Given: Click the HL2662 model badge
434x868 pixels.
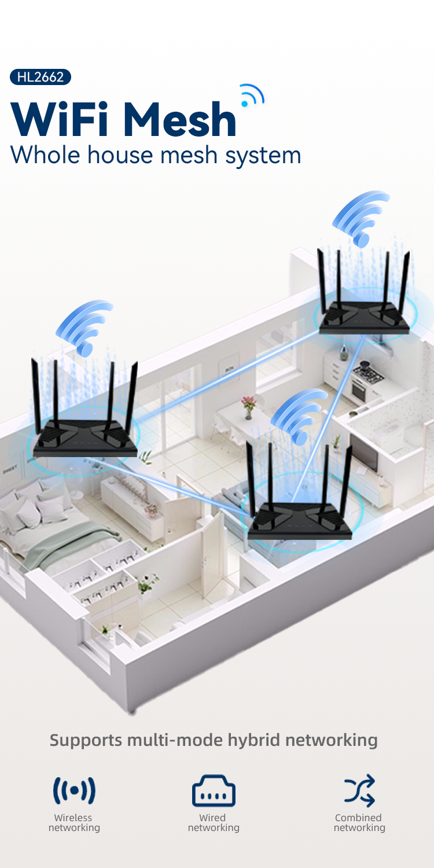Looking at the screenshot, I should click(x=41, y=77).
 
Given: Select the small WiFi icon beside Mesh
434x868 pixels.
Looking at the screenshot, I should click(x=252, y=97).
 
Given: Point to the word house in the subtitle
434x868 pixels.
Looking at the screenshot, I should click(x=131, y=155).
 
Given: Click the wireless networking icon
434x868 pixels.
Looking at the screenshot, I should click(x=74, y=791).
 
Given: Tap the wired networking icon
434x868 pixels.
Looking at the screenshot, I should click(x=214, y=791).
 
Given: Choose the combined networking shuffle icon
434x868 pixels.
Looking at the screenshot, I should click(x=359, y=791).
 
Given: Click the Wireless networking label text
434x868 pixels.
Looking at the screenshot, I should click(x=74, y=823).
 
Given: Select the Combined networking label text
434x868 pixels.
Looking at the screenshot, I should click(x=359, y=823).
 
